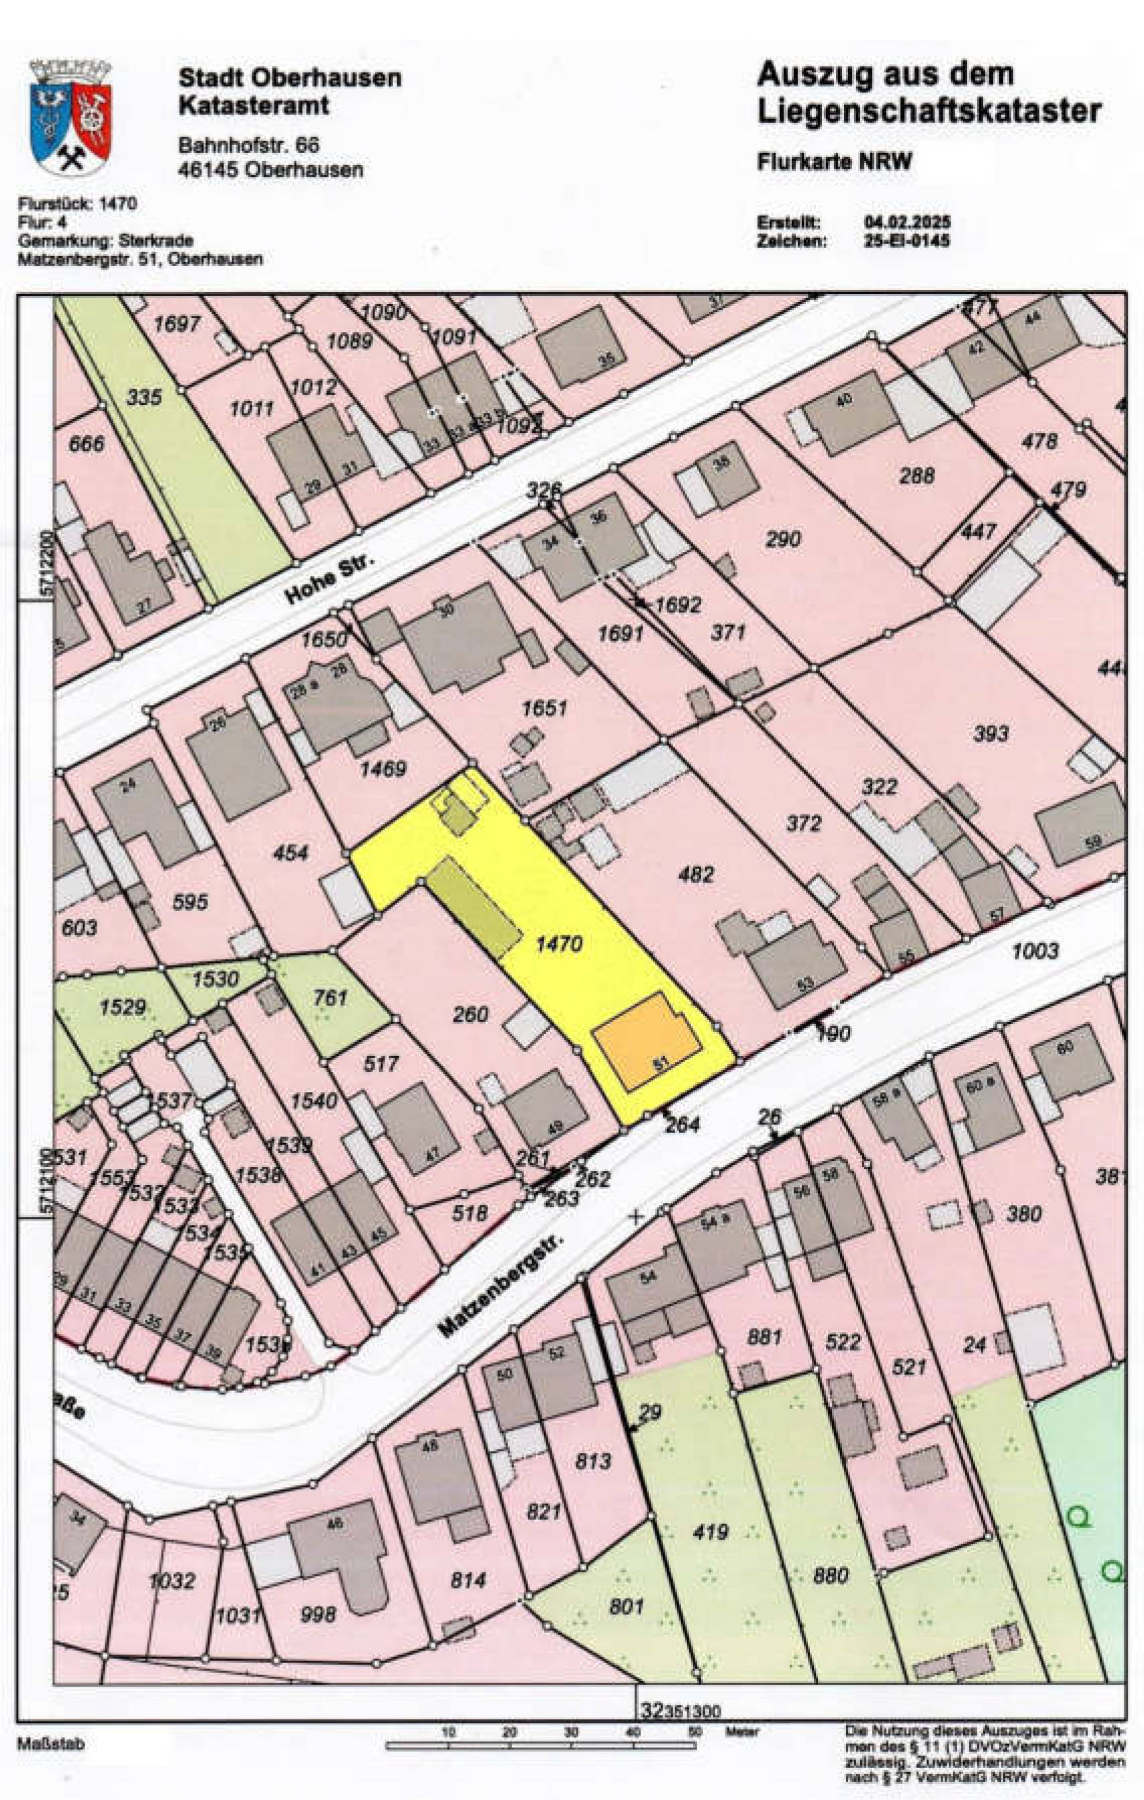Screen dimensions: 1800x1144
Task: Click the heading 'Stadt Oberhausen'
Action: point(289,78)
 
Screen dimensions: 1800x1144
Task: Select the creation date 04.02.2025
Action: point(907,223)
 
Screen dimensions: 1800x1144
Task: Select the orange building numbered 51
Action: point(647,1041)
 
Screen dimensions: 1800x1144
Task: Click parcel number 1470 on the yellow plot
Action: point(559,944)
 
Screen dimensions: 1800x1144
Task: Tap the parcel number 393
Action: point(991,733)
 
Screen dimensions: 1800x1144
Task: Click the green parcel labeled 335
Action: point(144,396)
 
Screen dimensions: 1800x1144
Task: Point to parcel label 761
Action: point(330,997)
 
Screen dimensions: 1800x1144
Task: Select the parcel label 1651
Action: point(544,708)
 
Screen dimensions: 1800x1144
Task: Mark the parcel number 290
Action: point(782,538)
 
